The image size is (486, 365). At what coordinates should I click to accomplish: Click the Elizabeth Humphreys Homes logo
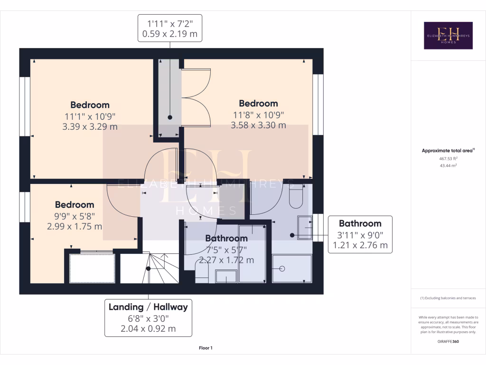(x=448, y=36)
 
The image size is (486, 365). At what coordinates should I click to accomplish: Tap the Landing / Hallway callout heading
(x=148, y=307)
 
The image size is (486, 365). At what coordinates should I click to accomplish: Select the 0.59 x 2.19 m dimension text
(x=169, y=34)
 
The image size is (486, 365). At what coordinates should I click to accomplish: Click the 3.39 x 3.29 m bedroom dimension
(x=90, y=127)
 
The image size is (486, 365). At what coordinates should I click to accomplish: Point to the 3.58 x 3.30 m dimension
(x=258, y=125)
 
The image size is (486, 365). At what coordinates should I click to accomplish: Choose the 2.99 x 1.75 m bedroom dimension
(x=75, y=226)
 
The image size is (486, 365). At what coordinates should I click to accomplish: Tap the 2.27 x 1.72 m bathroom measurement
(x=226, y=260)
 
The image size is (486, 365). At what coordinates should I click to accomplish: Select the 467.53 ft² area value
(x=448, y=159)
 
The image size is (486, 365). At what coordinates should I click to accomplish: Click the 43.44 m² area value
(x=448, y=165)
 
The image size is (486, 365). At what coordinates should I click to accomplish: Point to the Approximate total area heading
(x=448, y=151)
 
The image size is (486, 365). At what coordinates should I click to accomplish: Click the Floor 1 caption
(x=206, y=348)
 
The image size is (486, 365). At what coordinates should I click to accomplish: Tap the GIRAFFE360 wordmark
(x=448, y=341)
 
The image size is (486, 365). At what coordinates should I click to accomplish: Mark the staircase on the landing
(x=150, y=269)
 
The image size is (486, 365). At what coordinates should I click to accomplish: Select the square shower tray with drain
(x=292, y=269)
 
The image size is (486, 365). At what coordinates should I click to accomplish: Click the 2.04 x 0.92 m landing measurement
(x=148, y=329)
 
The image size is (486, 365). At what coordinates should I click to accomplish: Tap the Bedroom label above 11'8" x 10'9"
(x=258, y=104)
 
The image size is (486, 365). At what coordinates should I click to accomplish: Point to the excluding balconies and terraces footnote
(x=448, y=298)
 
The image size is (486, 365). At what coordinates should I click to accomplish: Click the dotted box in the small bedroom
(x=93, y=269)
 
